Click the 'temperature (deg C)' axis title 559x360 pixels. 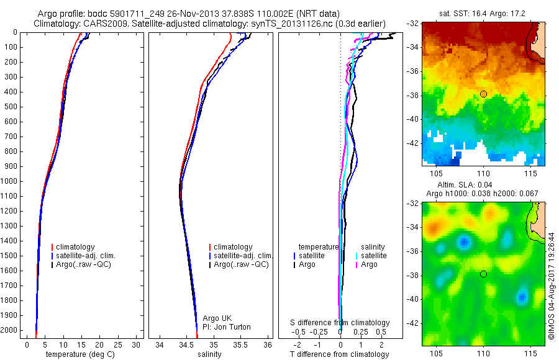tap(80, 354)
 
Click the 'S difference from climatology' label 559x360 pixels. tap(340, 323)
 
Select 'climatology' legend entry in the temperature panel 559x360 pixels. tap(78, 247)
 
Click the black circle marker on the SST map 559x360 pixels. tap(483, 94)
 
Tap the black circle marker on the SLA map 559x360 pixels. tap(483, 274)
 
